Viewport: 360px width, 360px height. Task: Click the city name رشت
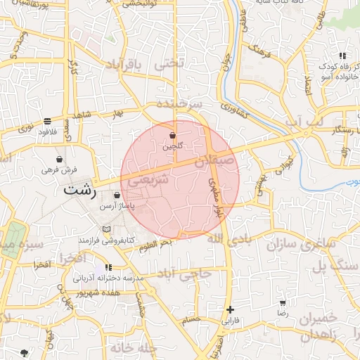(x=78, y=190)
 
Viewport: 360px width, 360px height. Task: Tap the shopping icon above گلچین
(x=172, y=135)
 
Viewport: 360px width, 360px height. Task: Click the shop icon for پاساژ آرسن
(x=116, y=195)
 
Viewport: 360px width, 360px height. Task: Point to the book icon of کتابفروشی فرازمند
(x=105, y=229)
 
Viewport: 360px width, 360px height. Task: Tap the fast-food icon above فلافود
(x=47, y=121)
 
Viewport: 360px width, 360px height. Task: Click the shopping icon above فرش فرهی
(x=58, y=159)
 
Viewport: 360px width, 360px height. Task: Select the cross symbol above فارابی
(x=230, y=309)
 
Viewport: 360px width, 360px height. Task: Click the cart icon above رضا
(x=283, y=302)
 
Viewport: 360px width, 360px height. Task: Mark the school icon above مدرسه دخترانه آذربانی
(x=108, y=267)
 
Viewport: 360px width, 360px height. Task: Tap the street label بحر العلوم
(x=155, y=245)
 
